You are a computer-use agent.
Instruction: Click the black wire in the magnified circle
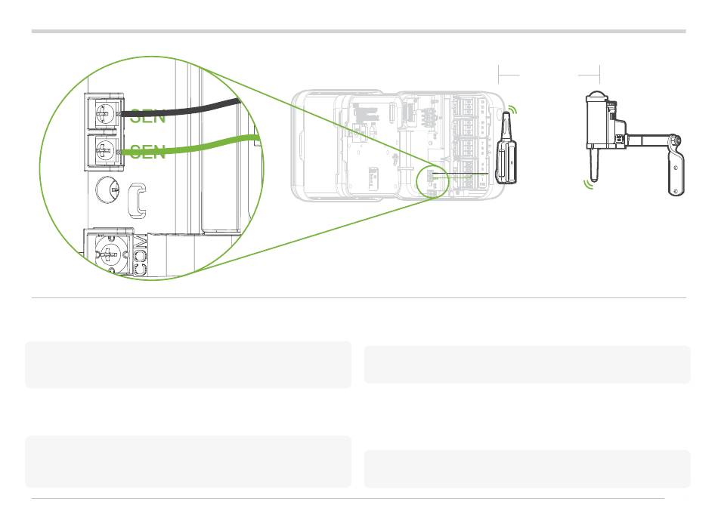coord(178,108)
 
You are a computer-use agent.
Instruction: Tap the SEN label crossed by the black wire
coord(147,116)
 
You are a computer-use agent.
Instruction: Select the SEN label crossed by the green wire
coord(147,152)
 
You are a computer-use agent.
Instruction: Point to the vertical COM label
coord(140,254)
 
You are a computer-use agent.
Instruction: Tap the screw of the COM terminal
coord(109,254)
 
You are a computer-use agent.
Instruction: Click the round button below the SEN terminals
coord(107,190)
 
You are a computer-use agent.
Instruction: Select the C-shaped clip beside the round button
coord(137,200)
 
